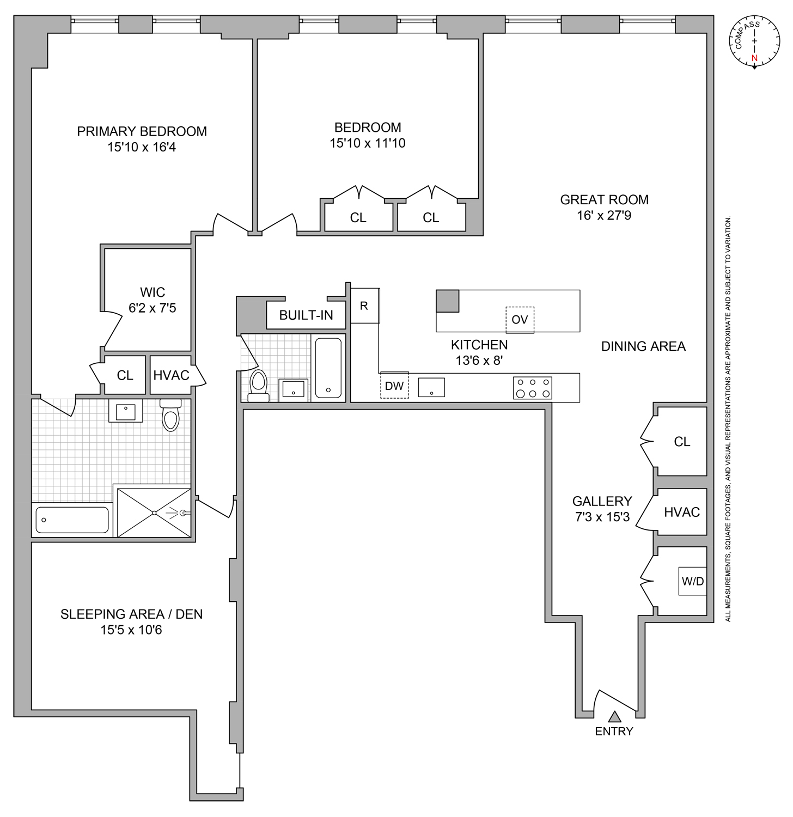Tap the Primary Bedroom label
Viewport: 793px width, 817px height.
tap(142, 132)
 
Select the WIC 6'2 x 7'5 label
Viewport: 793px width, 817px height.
tap(152, 300)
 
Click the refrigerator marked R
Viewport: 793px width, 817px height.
tap(364, 306)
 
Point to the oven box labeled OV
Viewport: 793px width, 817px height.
tap(520, 320)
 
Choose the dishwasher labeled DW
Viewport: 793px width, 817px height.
tap(394, 386)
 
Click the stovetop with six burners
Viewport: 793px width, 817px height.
tap(533, 388)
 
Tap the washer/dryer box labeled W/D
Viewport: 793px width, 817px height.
tap(693, 581)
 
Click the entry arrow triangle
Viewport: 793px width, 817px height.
tap(614, 717)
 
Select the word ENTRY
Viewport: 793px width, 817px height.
tap(614, 731)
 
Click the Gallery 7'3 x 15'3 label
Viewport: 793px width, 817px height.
tap(602, 509)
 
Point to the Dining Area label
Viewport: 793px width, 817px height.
tap(643, 346)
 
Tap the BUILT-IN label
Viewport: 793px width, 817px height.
tap(306, 315)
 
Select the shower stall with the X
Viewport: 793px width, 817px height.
tap(154, 513)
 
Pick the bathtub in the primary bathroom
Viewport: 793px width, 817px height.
tap(72, 520)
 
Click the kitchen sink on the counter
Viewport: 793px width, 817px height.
tap(431, 387)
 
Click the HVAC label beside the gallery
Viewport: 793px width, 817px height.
tap(682, 513)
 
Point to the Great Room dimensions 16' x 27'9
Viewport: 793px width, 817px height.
tap(604, 216)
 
